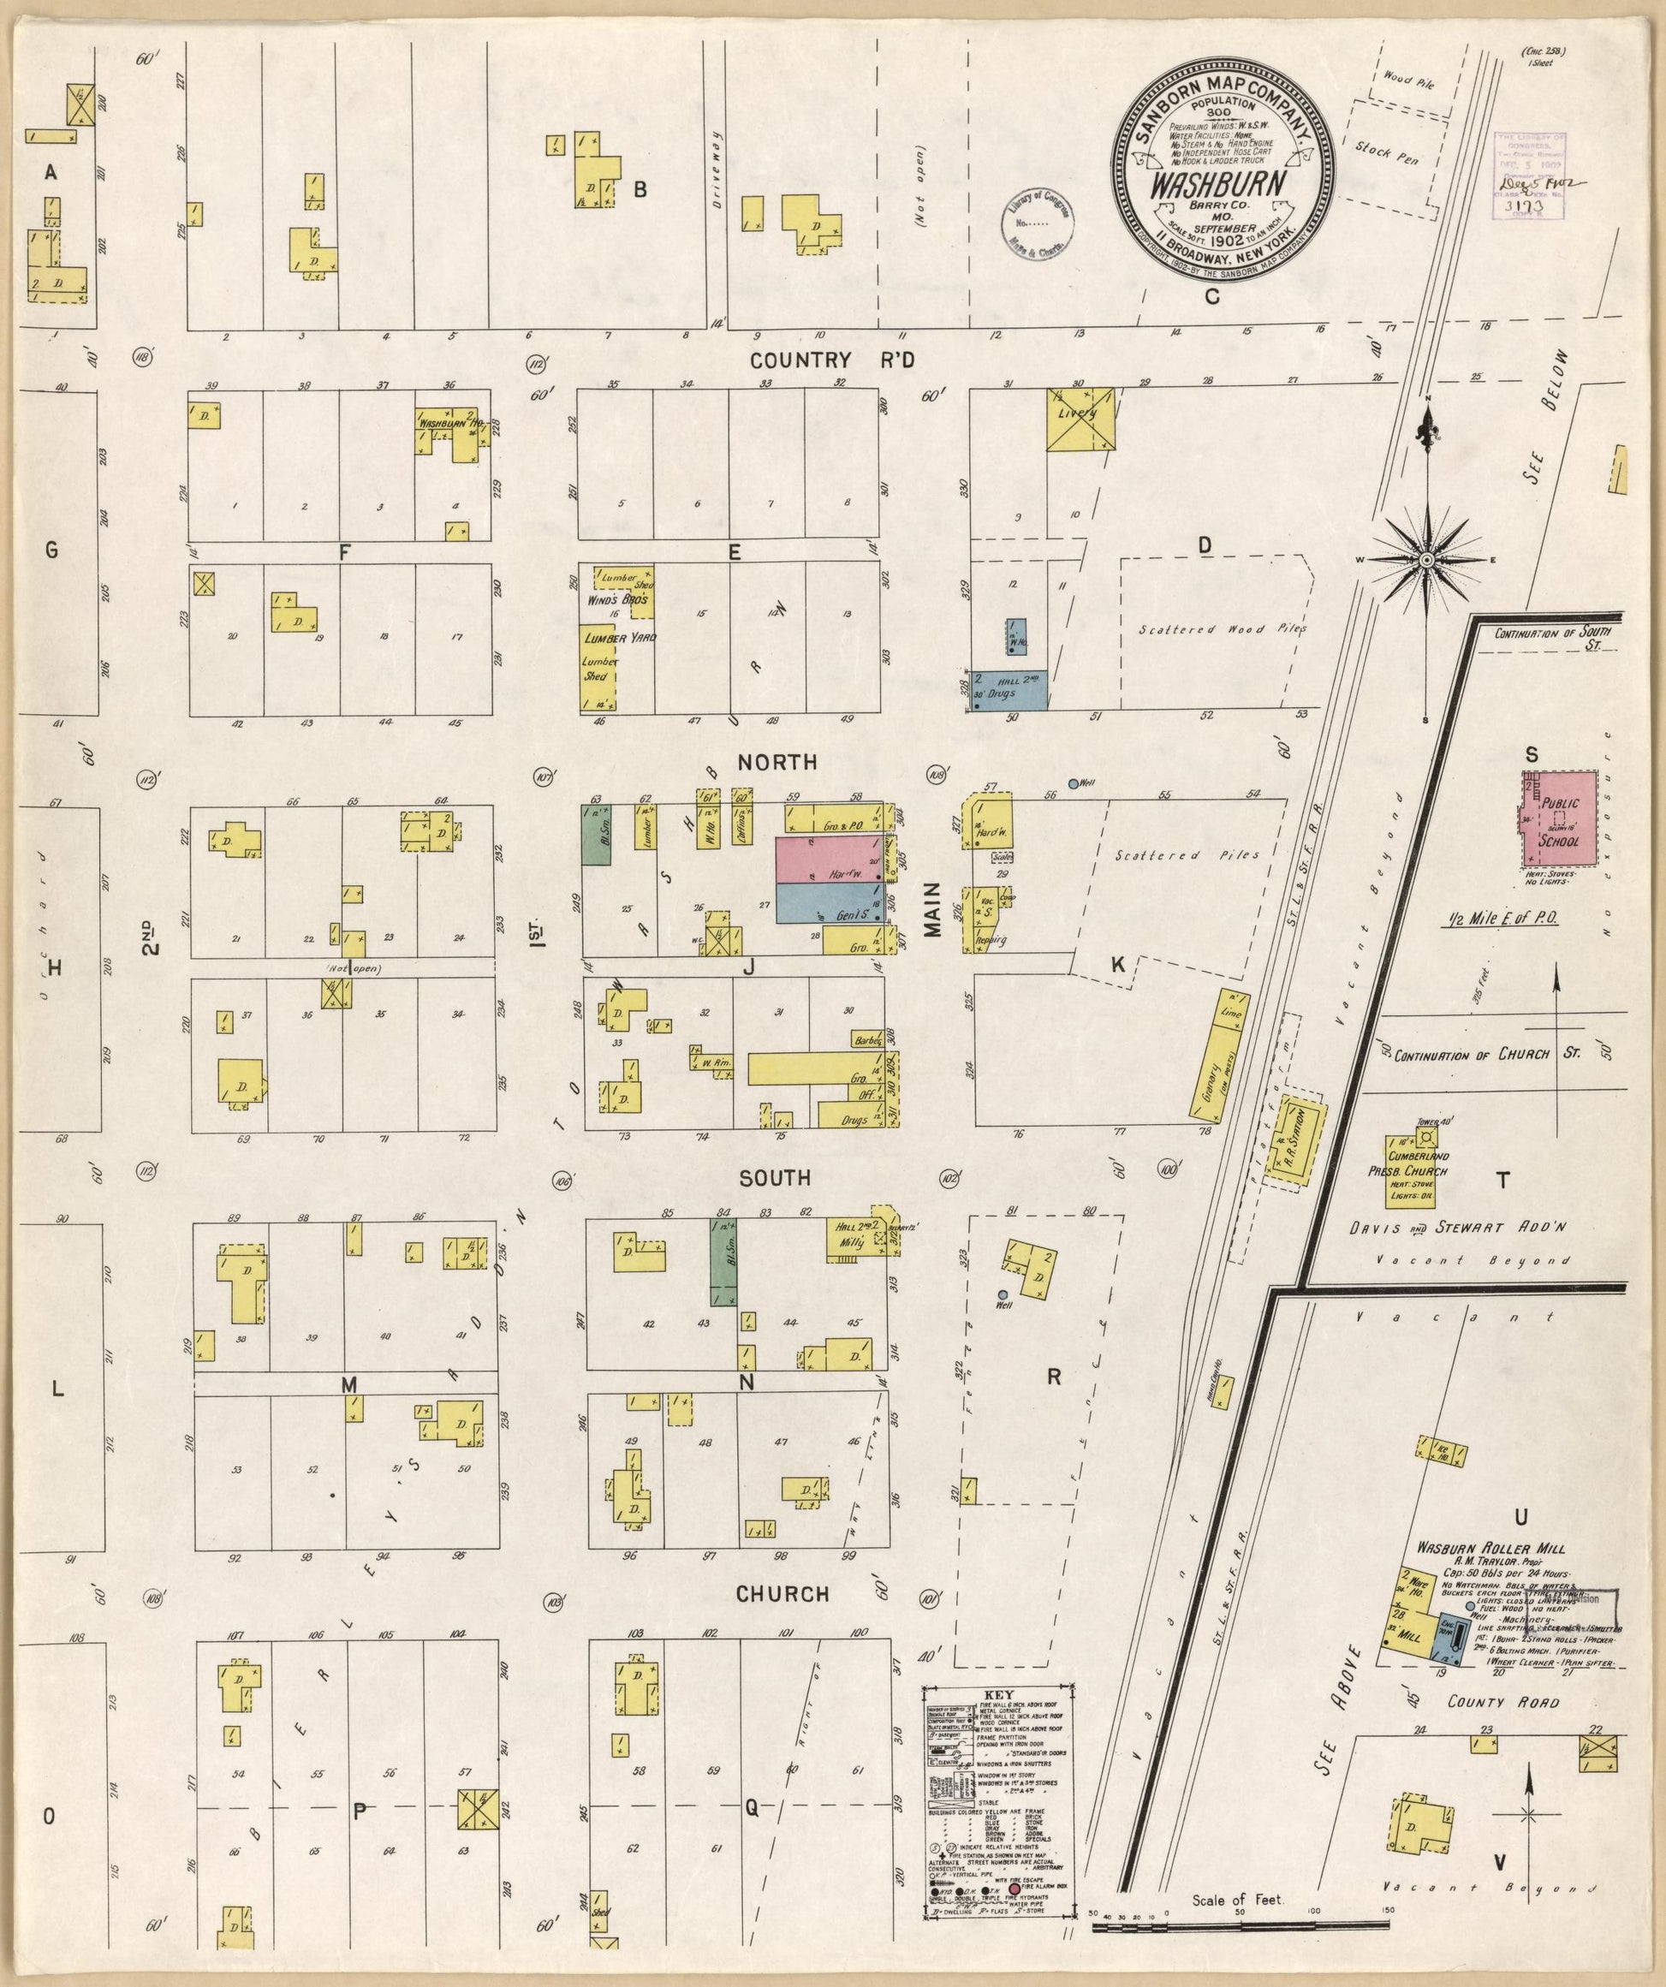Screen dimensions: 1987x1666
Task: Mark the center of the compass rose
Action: coord(1425,560)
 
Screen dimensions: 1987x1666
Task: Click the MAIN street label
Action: coord(934,910)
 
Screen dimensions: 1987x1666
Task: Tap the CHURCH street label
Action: coord(782,1594)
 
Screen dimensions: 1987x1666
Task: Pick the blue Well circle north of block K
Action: coord(1073,783)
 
